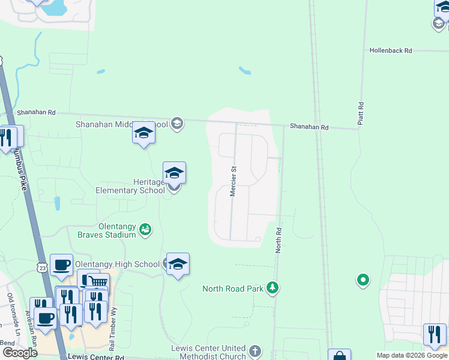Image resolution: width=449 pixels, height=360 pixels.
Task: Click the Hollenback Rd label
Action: coord(391,51)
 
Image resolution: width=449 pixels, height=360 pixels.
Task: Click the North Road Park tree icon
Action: coord(273,289)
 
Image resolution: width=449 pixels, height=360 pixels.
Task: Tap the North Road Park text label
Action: coord(233,289)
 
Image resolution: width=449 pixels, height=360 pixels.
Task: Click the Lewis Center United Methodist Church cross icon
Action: coord(255,351)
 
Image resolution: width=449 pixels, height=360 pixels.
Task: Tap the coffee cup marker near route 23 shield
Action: coord(61,265)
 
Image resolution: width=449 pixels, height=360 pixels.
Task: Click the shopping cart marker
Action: coord(98,282)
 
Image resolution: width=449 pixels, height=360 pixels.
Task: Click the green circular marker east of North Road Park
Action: coord(363,280)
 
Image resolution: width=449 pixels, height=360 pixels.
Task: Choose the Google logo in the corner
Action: coord(20,353)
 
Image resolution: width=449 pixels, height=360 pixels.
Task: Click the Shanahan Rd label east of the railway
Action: coord(309,127)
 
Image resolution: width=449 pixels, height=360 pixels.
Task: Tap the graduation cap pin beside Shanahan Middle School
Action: coord(143,133)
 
